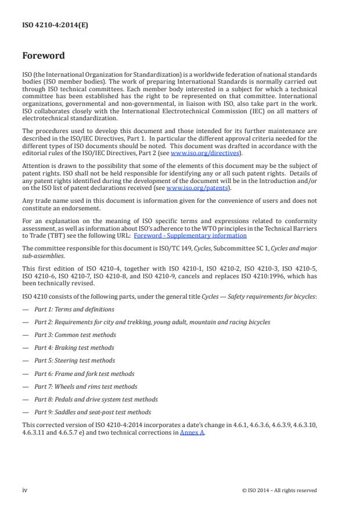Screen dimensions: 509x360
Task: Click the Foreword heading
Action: point(44,56)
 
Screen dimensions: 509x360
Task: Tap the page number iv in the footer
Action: point(25,490)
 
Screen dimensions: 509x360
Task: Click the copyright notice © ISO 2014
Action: point(279,490)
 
